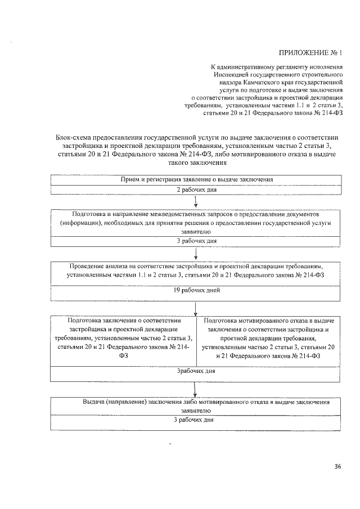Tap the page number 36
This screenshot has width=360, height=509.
tap(338, 466)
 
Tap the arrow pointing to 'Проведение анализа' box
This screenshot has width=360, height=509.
tap(195, 254)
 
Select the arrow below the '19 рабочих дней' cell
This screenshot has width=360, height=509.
tap(195, 308)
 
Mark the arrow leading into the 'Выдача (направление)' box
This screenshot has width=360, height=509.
tap(195, 390)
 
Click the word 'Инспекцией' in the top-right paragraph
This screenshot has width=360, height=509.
tap(232, 74)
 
